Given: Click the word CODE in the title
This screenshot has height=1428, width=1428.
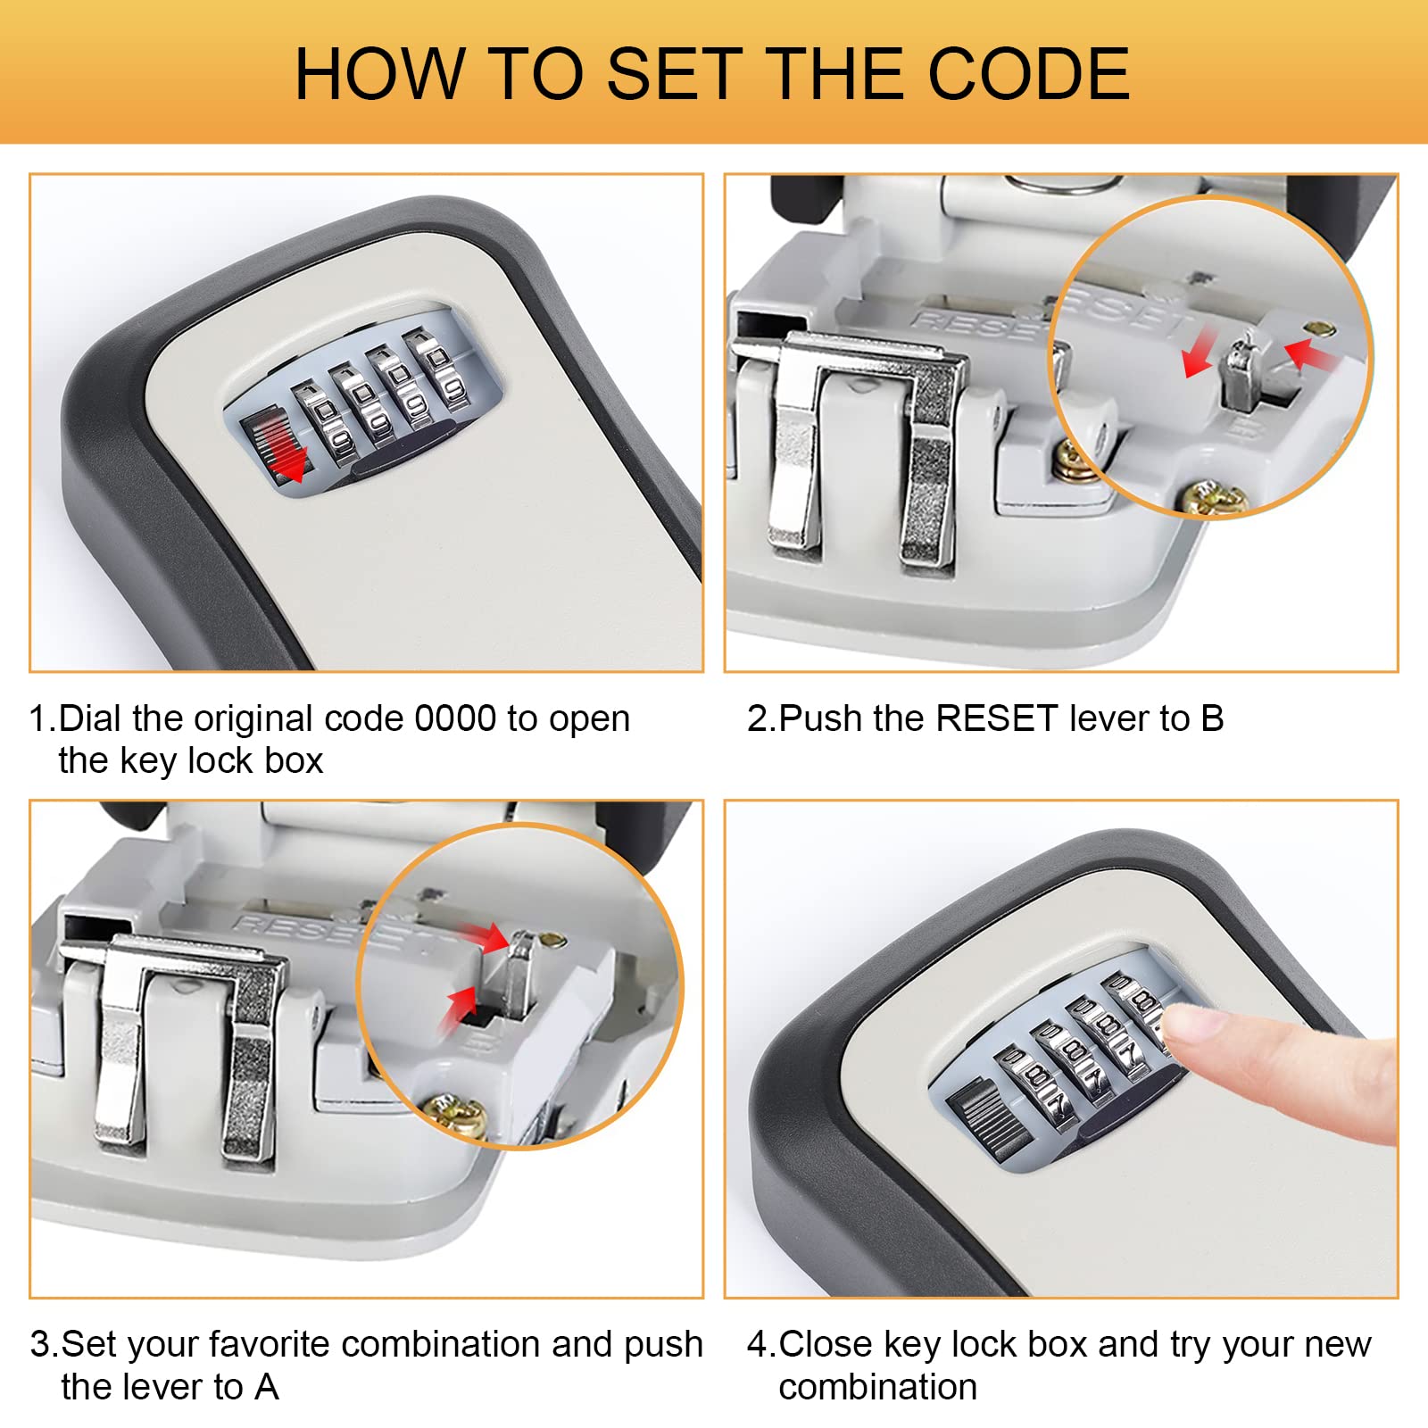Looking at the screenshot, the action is pos(1029,73).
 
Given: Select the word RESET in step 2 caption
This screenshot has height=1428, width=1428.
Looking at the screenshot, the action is pos(998,718).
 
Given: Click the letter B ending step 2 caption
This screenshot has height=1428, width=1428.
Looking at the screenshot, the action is pos(1212,718).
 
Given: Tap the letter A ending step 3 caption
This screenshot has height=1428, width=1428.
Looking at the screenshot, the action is pos(266,1387).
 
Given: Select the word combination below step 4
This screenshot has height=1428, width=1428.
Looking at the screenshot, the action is pos(878,1387).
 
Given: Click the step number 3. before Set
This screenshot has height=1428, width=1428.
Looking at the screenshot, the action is pos(44,1344).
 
